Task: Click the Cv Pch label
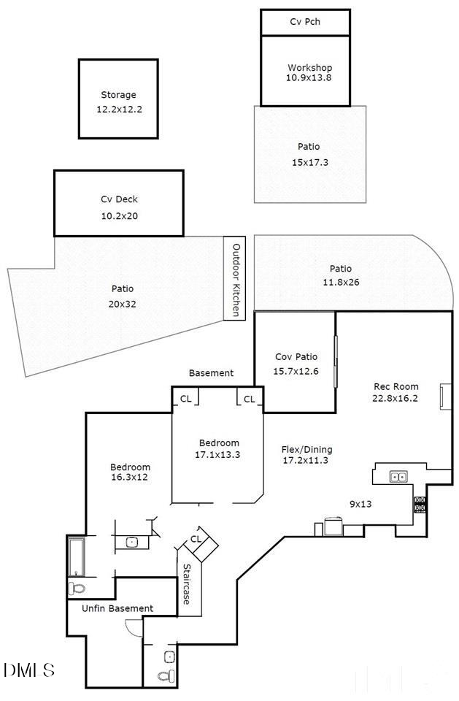305,22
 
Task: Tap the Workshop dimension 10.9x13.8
309,78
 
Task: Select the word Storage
118,95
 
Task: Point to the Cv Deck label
119,199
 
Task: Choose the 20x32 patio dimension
123,302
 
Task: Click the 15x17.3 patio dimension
309,163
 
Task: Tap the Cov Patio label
296,357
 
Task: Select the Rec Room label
395,387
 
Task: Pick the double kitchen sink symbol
398,477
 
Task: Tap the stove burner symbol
420,504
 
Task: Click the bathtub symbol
75,556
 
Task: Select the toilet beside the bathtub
77,587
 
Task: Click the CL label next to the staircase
195,539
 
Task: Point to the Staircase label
188,584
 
